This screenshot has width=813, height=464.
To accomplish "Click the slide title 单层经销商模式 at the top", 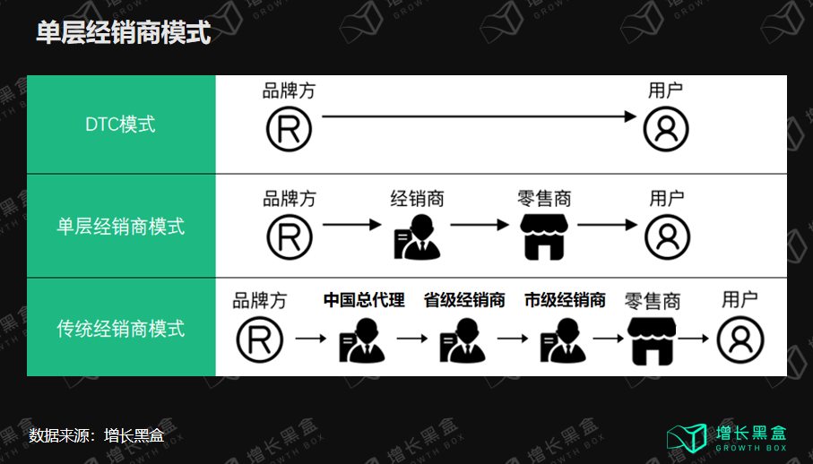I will pos(124,33).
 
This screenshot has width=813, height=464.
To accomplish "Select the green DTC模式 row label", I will pos(120,125).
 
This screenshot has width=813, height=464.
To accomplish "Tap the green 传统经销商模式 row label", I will pos(120,329).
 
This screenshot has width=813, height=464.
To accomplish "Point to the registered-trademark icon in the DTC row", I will pos(289,128).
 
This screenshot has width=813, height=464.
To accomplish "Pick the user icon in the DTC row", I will pos(666,128).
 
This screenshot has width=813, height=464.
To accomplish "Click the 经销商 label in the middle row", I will pos(417,198).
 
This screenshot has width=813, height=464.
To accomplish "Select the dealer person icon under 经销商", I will pos(417,237).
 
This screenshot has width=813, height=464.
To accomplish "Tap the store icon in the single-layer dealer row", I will pos(545,236).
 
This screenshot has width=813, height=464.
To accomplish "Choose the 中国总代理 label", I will pos(364,300).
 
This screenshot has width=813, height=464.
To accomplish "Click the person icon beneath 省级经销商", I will pos(463,341).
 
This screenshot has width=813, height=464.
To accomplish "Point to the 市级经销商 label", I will pos(565,300).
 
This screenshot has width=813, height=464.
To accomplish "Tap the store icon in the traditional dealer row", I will pos(652,340).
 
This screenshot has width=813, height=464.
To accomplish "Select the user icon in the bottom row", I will pos(740,340).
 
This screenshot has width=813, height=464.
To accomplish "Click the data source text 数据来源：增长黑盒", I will pos(96,436).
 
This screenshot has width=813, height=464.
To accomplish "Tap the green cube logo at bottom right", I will pos(687,437).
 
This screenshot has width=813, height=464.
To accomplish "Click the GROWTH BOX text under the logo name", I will pos(751,448).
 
